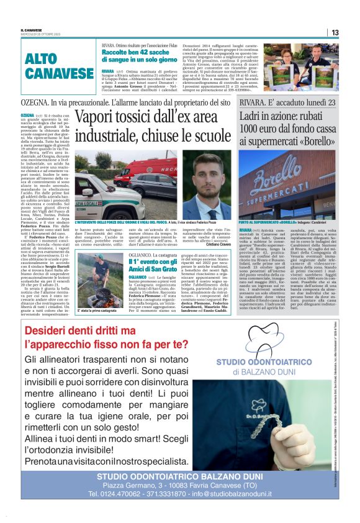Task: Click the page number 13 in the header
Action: (351, 33)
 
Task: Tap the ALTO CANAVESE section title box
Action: (60, 67)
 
